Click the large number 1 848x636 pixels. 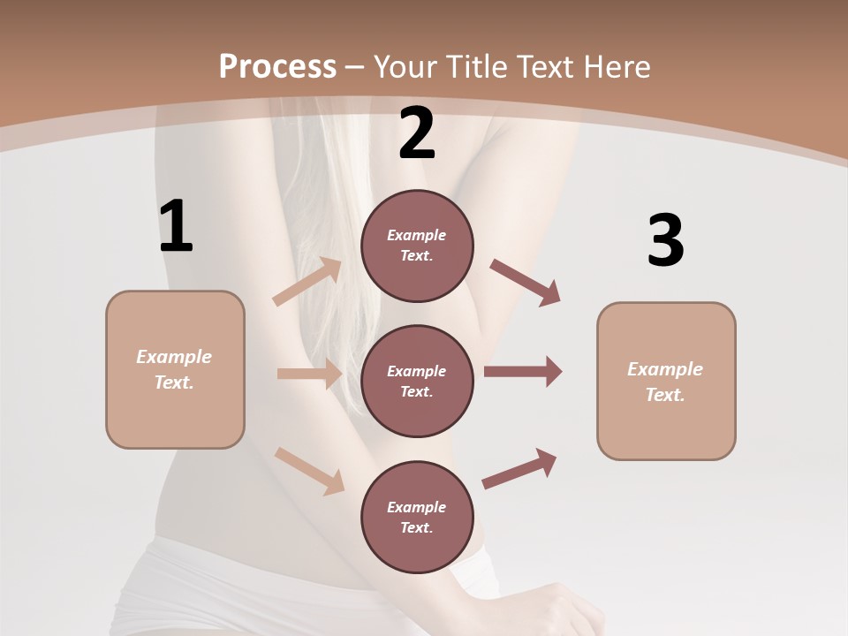click(176, 227)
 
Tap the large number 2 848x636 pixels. click(417, 133)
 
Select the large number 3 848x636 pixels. click(665, 240)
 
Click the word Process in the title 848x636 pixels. click(277, 66)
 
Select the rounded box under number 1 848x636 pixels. click(175, 369)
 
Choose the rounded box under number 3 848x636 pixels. click(666, 382)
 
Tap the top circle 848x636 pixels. click(417, 246)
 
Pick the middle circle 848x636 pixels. click(417, 382)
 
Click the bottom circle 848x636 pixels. click(417, 518)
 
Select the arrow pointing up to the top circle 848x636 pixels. click(307, 282)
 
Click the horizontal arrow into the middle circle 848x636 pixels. click(309, 375)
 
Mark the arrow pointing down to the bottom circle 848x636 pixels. click(309, 470)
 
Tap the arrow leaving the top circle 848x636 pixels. click(526, 283)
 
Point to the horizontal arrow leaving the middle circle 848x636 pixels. click(523, 372)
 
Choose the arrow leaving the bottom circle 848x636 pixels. click(519, 469)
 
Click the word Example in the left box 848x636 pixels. click(174, 357)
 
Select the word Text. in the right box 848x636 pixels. click(665, 395)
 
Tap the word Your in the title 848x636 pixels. click(401, 66)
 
